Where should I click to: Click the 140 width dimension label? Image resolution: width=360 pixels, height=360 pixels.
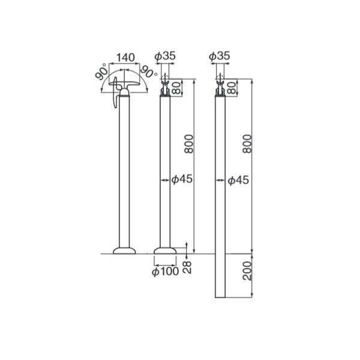125,58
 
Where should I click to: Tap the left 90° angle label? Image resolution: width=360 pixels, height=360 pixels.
102,71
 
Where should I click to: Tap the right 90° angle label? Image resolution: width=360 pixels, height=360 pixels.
149,71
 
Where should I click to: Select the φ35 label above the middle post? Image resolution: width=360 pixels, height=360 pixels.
165,56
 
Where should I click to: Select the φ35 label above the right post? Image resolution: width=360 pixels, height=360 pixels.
219,56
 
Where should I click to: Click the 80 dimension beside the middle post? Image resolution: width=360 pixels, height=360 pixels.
177,88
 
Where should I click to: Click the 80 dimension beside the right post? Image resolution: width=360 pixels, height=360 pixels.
232,88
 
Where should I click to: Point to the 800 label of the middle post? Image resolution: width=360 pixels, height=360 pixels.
189,144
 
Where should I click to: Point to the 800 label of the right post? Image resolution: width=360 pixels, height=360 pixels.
247,144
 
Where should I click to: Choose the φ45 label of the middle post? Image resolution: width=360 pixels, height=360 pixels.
182,179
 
